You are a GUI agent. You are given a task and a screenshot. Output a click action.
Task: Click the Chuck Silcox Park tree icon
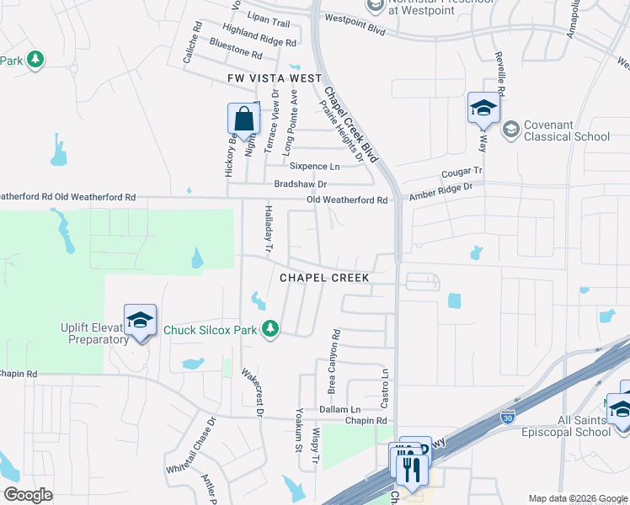tap(270, 329)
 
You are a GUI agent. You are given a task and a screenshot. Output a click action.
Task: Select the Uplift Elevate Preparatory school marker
tap(140, 321)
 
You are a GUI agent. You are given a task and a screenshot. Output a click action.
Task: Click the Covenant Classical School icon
tap(510, 130)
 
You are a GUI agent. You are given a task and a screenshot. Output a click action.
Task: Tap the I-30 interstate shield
tap(507, 417)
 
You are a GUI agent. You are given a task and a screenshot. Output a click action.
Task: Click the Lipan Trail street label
tap(267, 24)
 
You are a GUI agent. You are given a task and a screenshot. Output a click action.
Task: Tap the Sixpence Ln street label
tap(315, 167)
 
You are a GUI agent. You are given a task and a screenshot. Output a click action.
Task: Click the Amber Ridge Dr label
tap(442, 194)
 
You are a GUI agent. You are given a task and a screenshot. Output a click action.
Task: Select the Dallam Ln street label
tap(339, 408)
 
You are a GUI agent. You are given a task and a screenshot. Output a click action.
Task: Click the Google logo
tap(29, 495)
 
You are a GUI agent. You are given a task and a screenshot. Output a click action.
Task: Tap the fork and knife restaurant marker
tap(412, 467)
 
